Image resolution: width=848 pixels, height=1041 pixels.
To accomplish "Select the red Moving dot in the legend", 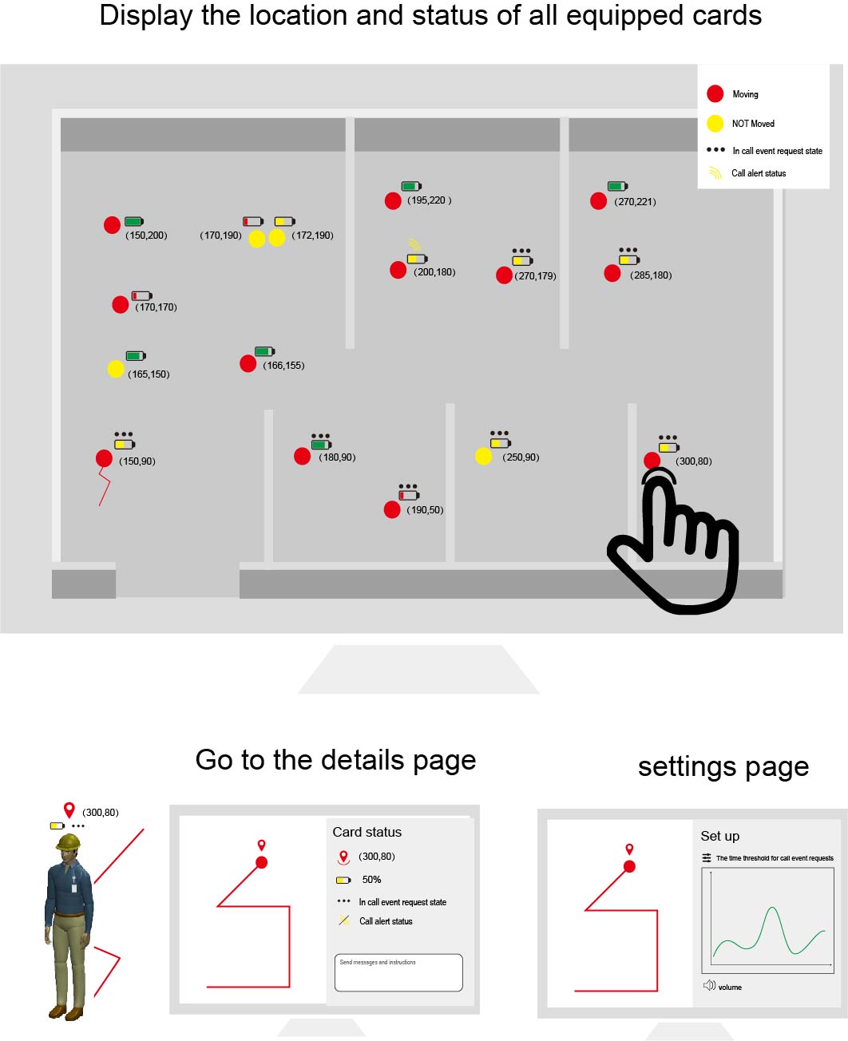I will [x=715, y=94].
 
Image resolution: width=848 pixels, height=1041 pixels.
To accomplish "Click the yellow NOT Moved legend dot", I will [x=715, y=123].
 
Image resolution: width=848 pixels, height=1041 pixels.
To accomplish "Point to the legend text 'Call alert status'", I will [x=758, y=173].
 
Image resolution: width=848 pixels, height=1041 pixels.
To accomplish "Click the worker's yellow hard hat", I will [x=69, y=842].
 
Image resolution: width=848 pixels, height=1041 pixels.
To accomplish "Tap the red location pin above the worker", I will [x=69, y=810].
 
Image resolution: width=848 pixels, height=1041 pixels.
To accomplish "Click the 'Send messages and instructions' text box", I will [x=398, y=972].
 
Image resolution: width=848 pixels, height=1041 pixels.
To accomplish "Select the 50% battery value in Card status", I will [x=371, y=880].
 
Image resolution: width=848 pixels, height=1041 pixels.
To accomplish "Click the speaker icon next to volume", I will [x=709, y=986].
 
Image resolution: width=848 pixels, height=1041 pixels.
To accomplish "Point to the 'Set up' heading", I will [x=719, y=836].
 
